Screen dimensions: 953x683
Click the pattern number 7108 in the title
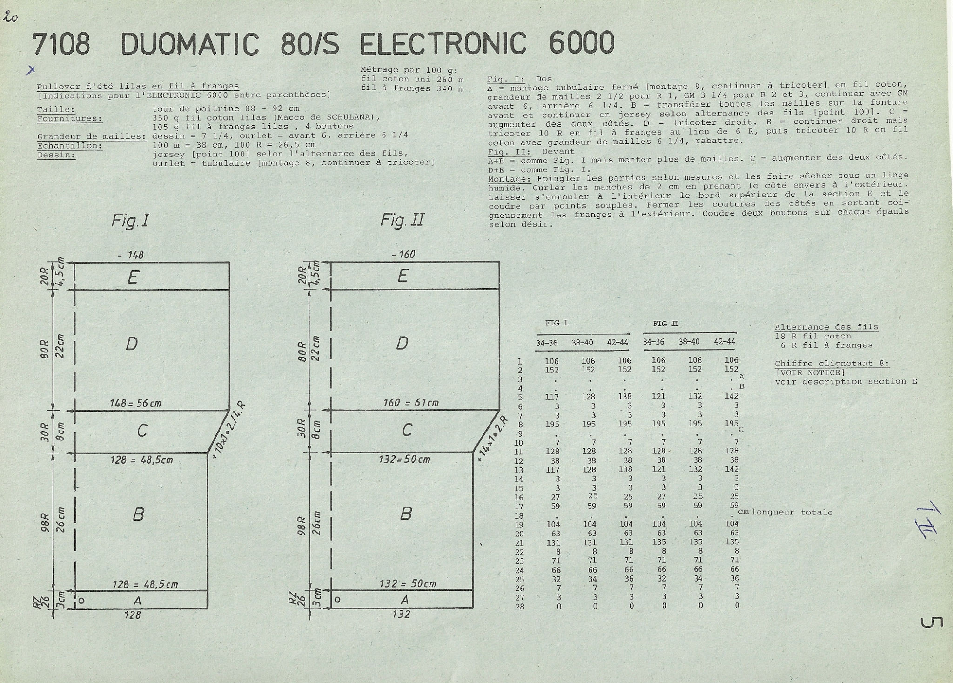(x=61, y=44)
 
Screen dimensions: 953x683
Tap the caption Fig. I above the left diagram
(x=130, y=220)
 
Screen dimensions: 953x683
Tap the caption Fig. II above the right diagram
(x=402, y=219)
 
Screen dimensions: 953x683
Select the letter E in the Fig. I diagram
(x=133, y=277)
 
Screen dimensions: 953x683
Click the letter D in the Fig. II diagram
(x=402, y=343)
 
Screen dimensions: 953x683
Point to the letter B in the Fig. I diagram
(x=138, y=514)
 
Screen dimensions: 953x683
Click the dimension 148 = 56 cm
(x=135, y=403)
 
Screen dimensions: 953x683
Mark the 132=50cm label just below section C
(x=404, y=460)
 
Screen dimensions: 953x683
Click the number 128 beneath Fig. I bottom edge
(x=133, y=615)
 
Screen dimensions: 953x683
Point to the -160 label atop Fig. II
(x=403, y=255)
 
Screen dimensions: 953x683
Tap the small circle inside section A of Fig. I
(x=81, y=601)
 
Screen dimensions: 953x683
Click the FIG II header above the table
(x=665, y=324)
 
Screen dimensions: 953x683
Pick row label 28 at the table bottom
(x=519, y=607)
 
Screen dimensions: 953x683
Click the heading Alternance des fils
(x=826, y=327)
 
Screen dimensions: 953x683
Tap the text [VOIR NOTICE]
(x=810, y=372)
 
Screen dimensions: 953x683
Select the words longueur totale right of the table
(x=792, y=512)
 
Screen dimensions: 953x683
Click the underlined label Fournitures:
(x=69, y=118)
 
